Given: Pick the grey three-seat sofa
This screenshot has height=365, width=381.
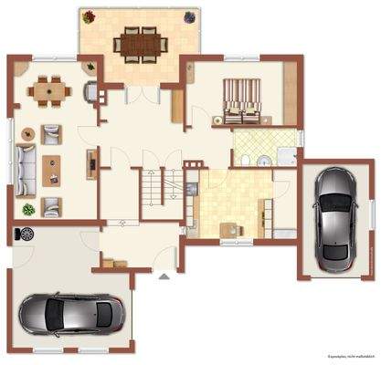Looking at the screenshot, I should (26, 165).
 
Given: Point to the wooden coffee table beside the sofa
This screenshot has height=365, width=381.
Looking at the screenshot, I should (52, 169).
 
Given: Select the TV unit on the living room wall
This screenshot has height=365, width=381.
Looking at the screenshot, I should (91, 163).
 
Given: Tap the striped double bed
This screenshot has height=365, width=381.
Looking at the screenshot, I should (242, 99).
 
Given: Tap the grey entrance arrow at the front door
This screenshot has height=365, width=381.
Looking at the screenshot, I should (162, 273).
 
